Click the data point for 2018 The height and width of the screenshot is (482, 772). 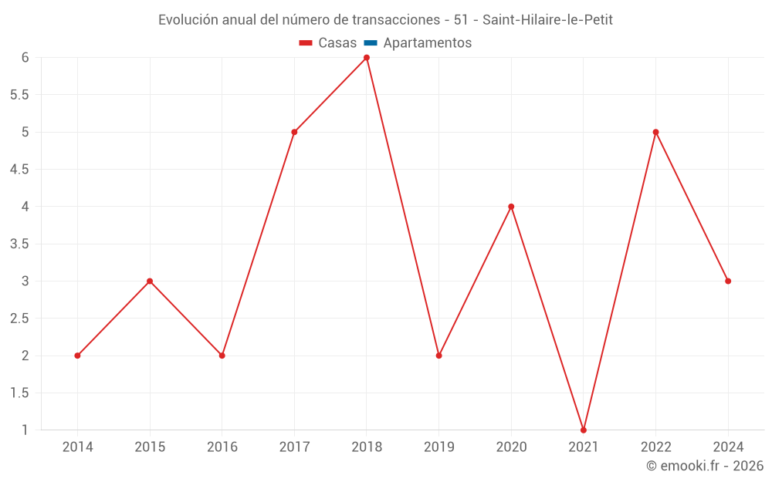click(367, 58)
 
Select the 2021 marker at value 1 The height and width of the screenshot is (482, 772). click(584, 430)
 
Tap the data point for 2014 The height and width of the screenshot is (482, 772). click(77, 356)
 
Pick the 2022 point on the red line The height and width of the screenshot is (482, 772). click(655, 132)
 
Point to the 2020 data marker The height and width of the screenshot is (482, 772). click(511, 207)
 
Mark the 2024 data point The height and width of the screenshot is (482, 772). click(728, 281)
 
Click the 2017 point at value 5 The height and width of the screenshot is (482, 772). click(294, 132)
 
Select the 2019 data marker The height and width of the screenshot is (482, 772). click(438, 356)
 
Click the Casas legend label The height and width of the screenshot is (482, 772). click(337, 43)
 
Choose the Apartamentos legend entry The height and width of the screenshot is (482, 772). click(427, 43)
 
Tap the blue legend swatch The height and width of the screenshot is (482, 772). click(371, 43)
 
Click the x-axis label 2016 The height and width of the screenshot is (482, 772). click(222, 447)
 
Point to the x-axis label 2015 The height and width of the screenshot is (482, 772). click(150, 447)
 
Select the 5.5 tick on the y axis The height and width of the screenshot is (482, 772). click(19, 95)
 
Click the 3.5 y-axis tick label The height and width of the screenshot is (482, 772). click(19, 244)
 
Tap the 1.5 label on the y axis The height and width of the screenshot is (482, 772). click(19, 393)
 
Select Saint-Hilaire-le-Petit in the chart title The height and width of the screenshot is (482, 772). click(547, 20)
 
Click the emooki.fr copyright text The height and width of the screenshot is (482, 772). click(704, 466)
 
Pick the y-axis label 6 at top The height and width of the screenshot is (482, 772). click(25, 58)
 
